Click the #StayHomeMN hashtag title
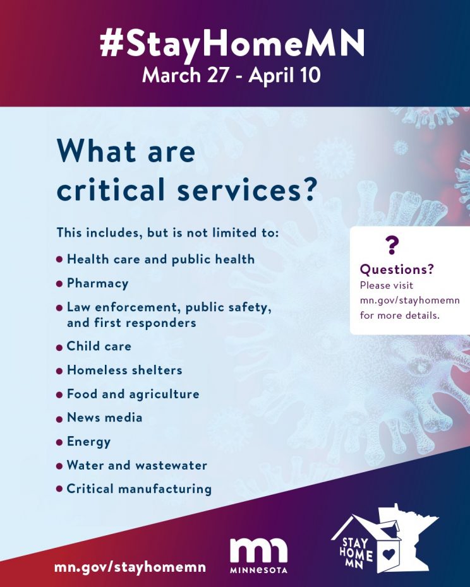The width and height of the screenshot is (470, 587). coord(232,44)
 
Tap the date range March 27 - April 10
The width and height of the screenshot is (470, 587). coord(231,75)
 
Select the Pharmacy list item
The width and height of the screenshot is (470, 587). coord(97,283)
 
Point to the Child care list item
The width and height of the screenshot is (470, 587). coord(99,347)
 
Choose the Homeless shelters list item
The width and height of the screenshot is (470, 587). coord(124,371)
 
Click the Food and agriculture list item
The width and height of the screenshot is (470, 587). coord(133,394)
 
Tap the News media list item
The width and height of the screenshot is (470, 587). coord(105,418)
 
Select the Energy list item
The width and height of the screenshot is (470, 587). coord(88,442)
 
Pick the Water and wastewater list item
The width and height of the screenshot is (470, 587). coord(137,465)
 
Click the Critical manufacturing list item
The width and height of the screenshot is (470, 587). coord(139,489)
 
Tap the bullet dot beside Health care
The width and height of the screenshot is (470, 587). coord(59,259)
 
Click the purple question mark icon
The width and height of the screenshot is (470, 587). coord(392,246)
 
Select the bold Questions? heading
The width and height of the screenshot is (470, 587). coord(397,269)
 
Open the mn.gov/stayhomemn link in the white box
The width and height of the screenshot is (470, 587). coord(409,300)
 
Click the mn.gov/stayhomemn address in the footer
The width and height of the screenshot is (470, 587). coord(130,567)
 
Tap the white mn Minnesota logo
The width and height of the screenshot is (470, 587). coord(258,556)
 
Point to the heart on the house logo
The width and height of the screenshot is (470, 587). coord(389,554)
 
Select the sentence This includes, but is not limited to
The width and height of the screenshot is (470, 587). coord(168,233)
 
